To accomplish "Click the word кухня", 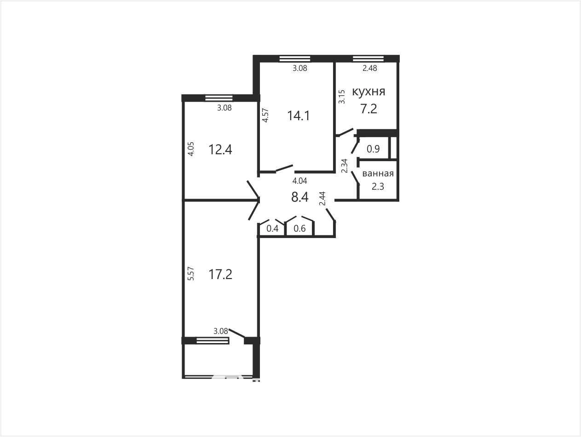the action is click(368, 92).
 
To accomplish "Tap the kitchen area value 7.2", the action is click(369, 109).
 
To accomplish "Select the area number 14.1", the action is click(299, 116).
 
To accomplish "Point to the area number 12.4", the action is click(220, 150).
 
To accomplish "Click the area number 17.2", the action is click(220, 274).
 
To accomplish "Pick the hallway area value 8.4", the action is click(299, 197).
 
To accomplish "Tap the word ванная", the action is click(378, 174).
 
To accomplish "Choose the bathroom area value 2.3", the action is click(378, 186).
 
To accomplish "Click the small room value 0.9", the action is click(373, 149).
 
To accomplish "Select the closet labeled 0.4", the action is click(272, 228).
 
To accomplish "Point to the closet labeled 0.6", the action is click(299, 228).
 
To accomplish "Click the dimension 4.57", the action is click(265, 115).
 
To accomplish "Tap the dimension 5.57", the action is click(190, 274).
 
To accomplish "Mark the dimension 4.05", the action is click(191, 149).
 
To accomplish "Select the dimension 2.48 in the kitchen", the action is click(370, 68).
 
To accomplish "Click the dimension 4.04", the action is click(299, 181).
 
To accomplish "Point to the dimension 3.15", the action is click(342, 97).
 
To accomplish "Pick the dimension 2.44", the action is click(322, 198).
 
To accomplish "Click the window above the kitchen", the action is click(368, 58).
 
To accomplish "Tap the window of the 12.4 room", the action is click(219, 98).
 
